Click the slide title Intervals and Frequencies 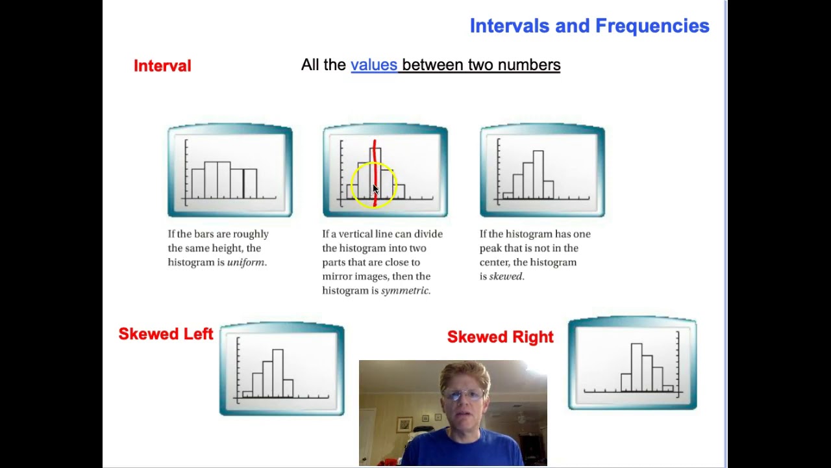tap(589, 26)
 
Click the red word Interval tap(162, 66)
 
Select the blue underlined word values tap(373, 65)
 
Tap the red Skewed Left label tap(166, 334)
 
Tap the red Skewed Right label tap(500, 337)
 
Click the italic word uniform tap(246, 263)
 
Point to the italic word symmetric tap(404, 291)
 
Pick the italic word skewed tap(506, 276)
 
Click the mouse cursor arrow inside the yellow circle tap(375, 189)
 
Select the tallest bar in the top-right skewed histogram tap(538, 174)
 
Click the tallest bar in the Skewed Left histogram tap(278, 373)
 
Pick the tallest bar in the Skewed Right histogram tap(636, 367)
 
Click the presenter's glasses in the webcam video tap(464, 394)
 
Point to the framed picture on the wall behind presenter tap(404, 424)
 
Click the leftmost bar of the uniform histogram tap(198, 183)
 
